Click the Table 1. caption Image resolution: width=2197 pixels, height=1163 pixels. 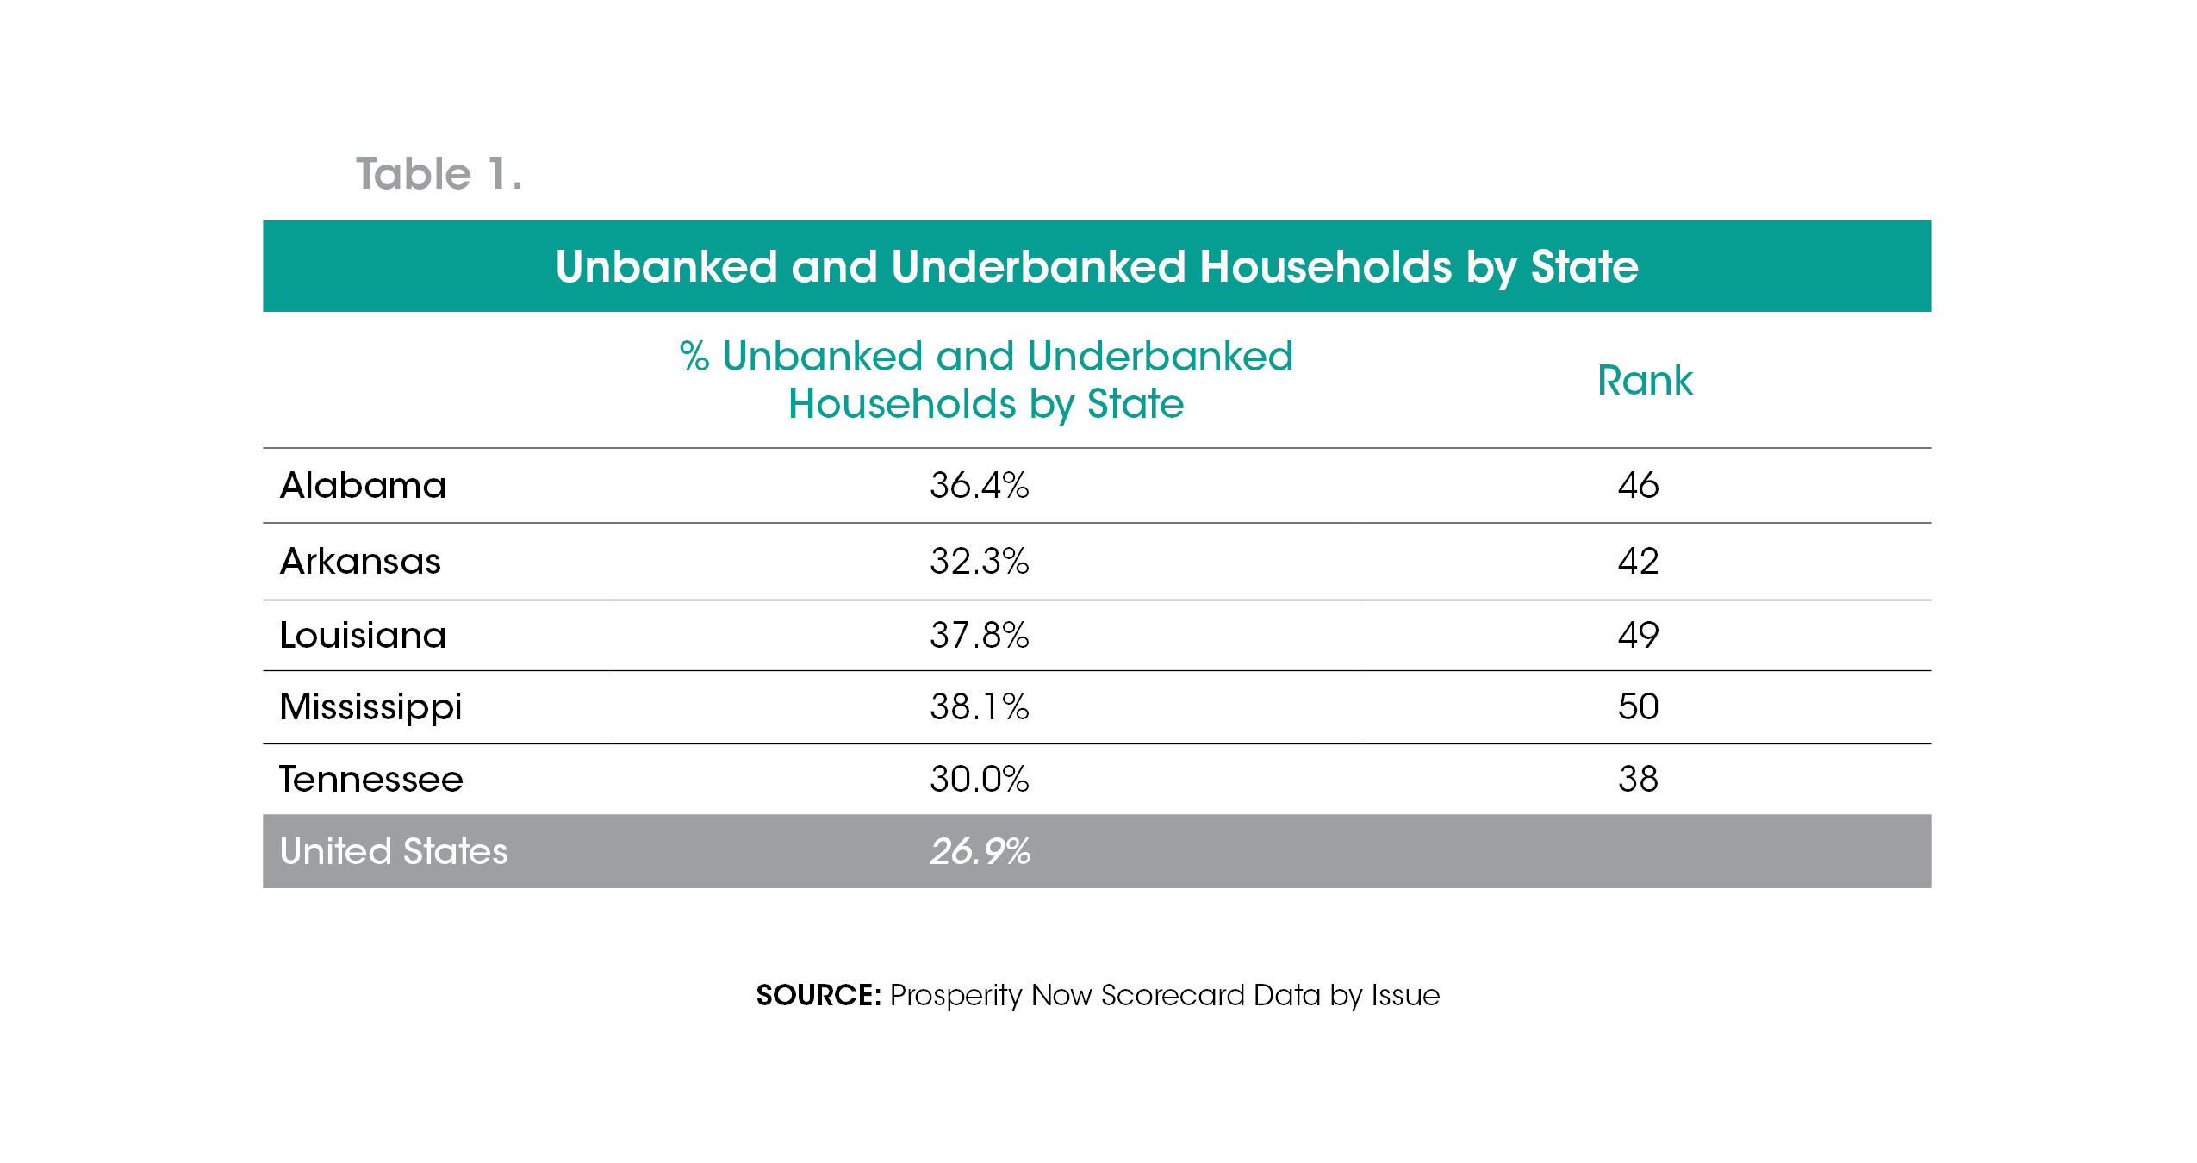point(439,174)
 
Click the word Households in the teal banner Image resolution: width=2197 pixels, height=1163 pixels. point(1325,266)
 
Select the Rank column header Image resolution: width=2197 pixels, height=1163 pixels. point(1644,380)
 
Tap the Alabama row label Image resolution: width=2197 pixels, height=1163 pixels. point(363,486)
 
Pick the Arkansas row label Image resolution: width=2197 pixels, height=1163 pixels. point(360,562)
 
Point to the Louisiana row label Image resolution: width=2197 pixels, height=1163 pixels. point(363,636)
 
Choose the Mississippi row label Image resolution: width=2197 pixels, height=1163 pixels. point(370,707)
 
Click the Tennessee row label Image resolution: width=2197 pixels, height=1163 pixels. point(371,780)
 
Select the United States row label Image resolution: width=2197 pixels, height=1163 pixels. point(394,851)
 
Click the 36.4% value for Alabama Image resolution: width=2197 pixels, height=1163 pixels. point(979,486)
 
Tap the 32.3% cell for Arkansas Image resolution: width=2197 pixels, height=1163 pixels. point(979,562)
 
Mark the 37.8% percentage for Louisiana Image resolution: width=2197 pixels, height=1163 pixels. point(979,636)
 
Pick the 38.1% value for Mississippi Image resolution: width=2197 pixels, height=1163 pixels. point(979,707)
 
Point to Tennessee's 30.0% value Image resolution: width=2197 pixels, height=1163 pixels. point(979,780)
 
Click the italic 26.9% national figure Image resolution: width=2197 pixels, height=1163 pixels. point(980,851)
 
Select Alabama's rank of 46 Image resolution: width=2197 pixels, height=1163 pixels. point(1638,486)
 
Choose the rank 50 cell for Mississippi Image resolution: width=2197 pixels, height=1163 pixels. point(1638,707)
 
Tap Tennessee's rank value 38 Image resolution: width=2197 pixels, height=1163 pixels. point(1638,780)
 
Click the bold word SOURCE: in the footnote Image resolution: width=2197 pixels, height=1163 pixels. point(818,995)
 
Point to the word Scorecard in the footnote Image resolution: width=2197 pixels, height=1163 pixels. point(1173,995)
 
